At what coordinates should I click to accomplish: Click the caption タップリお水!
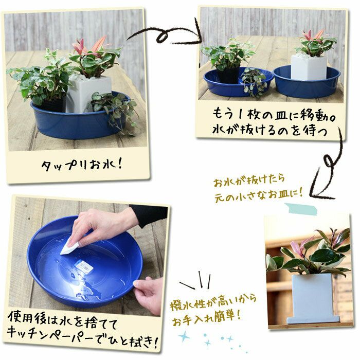(81, 165)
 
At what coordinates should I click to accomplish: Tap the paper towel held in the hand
(69, 246)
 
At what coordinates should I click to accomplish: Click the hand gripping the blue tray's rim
(148, 294)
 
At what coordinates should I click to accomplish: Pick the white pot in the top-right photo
(309, 68)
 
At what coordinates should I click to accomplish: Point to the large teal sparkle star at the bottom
(184, 337)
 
